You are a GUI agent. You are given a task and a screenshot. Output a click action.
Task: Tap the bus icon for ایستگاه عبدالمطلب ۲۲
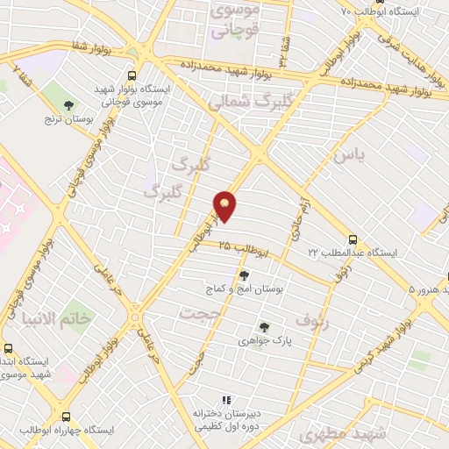point(353,239)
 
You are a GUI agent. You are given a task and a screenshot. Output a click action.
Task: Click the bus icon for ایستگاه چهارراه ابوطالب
point(67,417)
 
